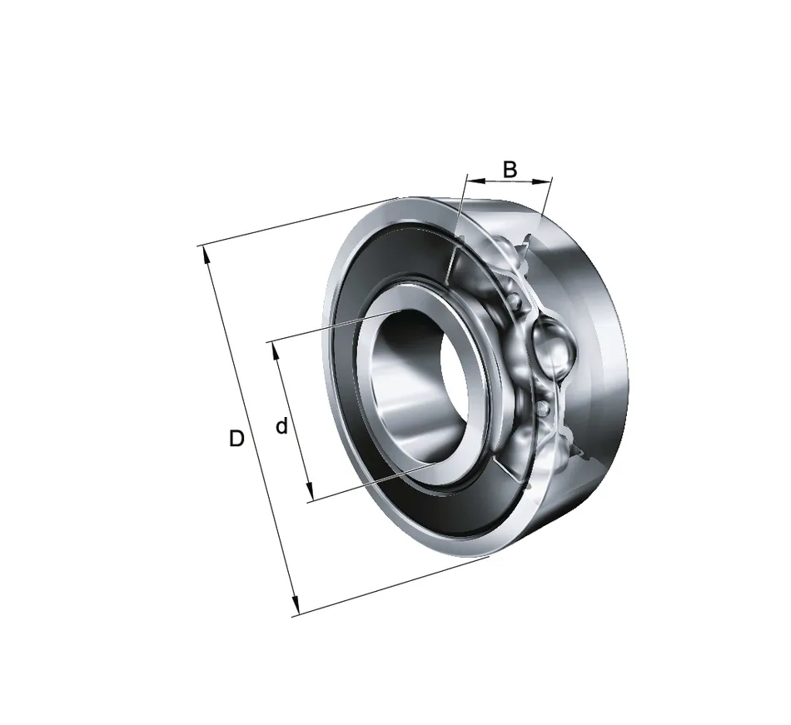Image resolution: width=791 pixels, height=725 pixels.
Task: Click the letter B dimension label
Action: [510, 170]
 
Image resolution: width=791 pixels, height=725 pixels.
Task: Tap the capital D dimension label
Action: [236, 439]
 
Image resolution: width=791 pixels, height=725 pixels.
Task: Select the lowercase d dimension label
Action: [282, 426]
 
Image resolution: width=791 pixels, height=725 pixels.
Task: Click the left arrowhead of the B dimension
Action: [475, 180]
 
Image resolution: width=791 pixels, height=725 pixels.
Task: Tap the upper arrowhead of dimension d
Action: [276, 351]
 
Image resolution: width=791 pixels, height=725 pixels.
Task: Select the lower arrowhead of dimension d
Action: [310, 492]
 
